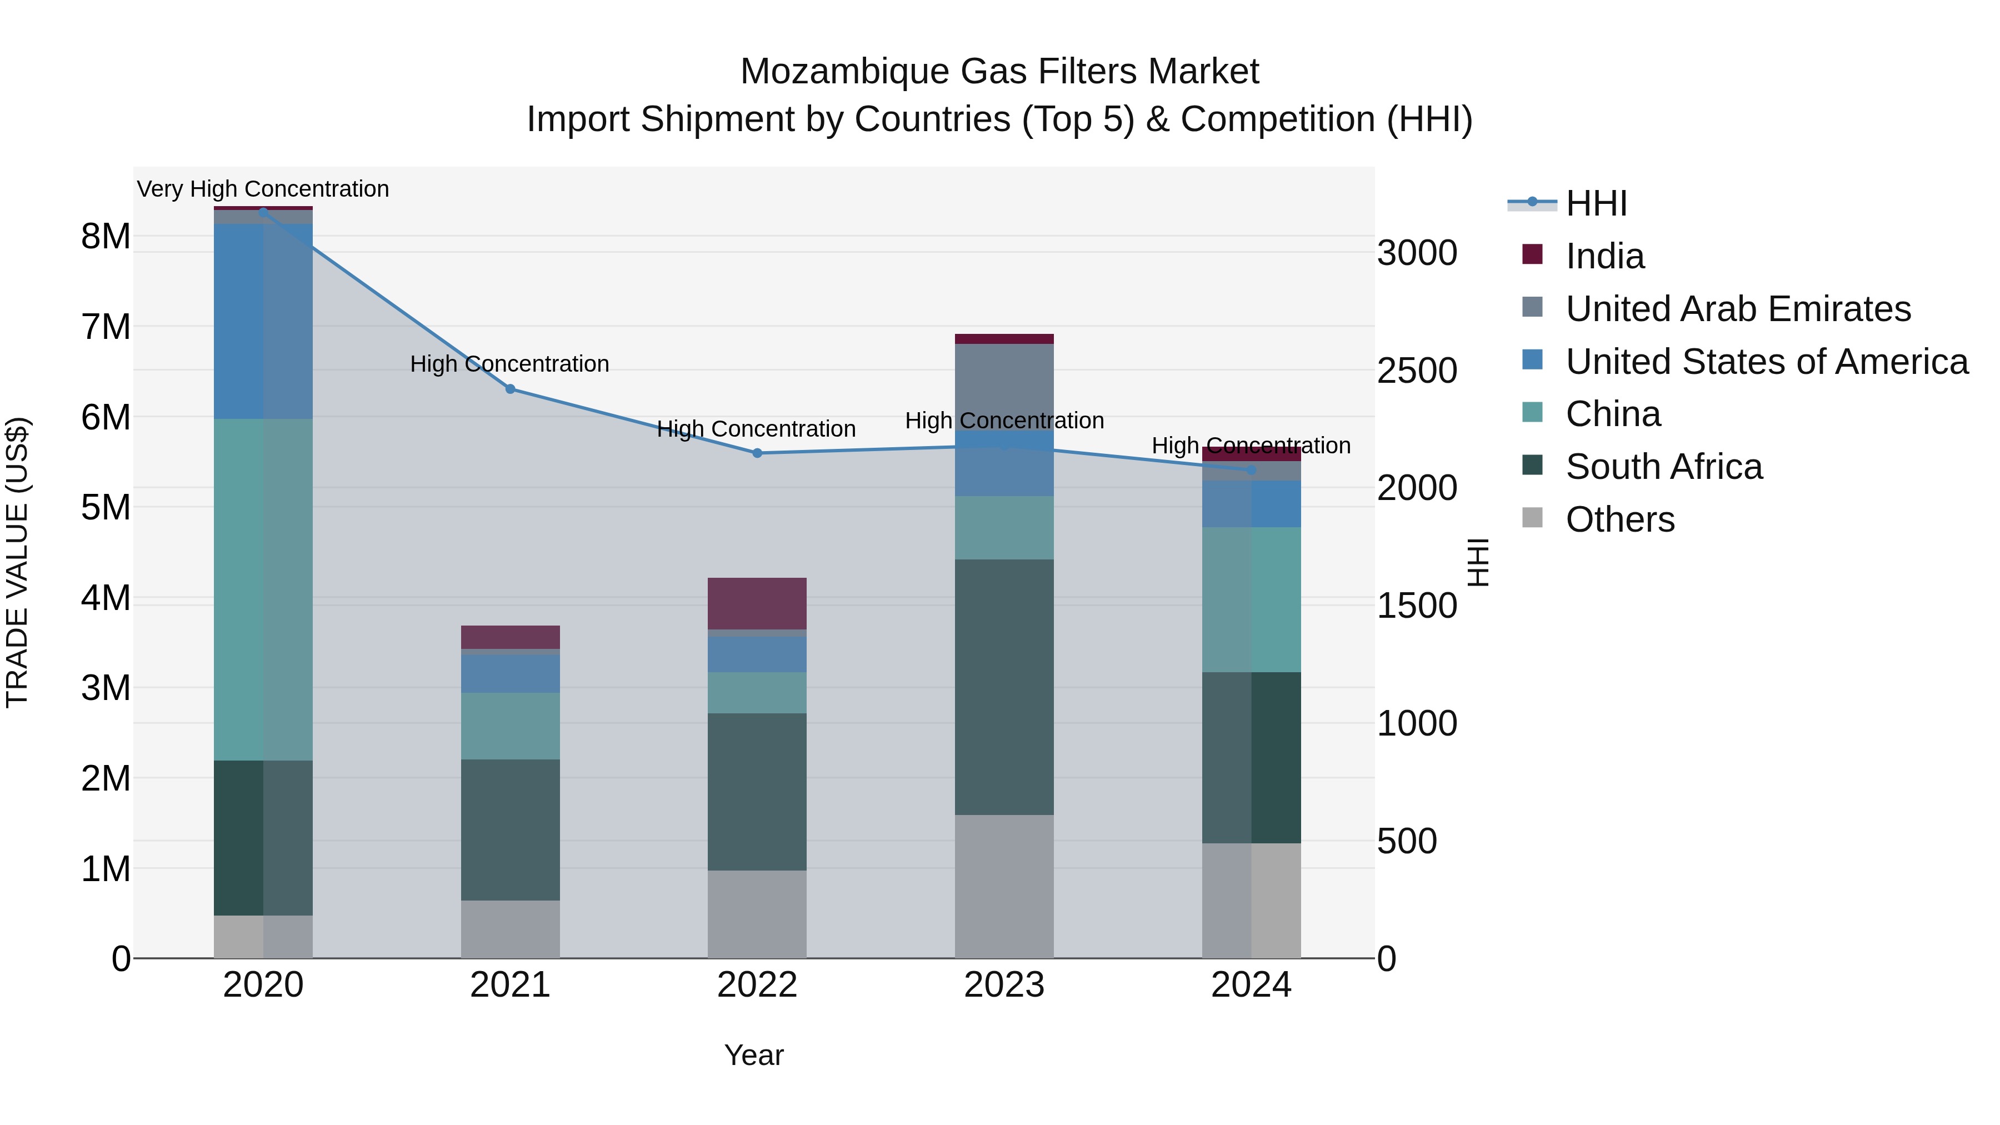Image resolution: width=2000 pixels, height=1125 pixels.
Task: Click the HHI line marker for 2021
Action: [510, 389]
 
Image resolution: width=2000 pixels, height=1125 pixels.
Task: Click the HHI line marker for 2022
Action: [757, 453]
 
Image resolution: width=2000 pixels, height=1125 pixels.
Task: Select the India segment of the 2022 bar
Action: [757, 603]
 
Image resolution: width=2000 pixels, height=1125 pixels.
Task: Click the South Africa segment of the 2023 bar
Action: [1004, 687]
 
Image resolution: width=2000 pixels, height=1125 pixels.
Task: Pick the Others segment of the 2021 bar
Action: [510, 929]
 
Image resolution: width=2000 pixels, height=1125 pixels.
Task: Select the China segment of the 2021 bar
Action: [510, 726]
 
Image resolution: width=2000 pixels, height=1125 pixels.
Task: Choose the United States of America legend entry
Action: [1766, 362]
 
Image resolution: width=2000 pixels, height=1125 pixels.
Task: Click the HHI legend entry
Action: [1596, 203]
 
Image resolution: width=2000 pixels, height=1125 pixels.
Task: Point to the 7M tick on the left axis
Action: [106, 327]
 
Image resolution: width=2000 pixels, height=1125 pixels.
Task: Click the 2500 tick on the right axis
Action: [1417, 371]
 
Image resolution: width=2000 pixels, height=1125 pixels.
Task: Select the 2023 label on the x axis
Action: [1004, 985]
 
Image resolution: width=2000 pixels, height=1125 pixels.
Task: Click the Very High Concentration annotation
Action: [263, 189]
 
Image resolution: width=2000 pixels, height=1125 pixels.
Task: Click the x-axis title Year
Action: [754, 1055]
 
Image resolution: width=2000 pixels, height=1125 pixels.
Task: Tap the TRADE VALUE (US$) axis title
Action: [17, 562]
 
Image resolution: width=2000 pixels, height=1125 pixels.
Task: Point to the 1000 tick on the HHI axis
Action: [1417, 723]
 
